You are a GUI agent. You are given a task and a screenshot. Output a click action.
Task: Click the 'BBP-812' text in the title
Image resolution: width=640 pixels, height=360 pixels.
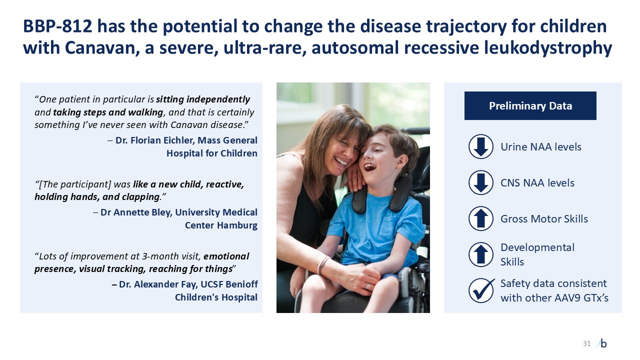pos(57,26)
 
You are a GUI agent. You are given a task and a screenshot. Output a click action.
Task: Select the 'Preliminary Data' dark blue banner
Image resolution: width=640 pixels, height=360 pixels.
pos(530,105)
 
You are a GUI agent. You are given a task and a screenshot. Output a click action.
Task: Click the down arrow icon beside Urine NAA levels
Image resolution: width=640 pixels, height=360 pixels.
pos(481,146)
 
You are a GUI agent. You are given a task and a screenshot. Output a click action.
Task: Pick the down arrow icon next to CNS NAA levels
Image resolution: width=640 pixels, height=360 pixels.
pos(481,182)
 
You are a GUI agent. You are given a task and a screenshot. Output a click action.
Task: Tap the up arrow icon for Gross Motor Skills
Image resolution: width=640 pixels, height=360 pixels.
pos(481,218)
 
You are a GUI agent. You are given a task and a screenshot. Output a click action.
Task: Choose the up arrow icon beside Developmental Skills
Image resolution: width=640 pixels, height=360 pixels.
pos(481,254)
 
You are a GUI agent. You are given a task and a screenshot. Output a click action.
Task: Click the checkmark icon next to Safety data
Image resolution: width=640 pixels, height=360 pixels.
pos(481,290)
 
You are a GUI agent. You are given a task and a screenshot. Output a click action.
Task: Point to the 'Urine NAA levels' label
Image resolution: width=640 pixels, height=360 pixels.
pos(541,147)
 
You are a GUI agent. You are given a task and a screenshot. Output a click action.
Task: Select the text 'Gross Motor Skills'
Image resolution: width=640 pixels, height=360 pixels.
pos(544,219)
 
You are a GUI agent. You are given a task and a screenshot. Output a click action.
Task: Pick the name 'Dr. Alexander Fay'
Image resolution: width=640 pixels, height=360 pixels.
pos(157,284)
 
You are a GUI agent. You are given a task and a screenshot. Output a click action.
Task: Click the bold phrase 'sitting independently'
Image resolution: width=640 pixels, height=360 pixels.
pos(203,99)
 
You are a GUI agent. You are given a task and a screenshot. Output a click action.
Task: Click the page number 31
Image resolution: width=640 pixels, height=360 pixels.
pos(586,343)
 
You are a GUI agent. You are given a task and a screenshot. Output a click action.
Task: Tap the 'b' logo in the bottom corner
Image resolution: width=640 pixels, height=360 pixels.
pos(603,343)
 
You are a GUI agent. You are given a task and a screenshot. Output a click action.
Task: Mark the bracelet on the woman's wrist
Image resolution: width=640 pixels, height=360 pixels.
pos(323,264)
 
